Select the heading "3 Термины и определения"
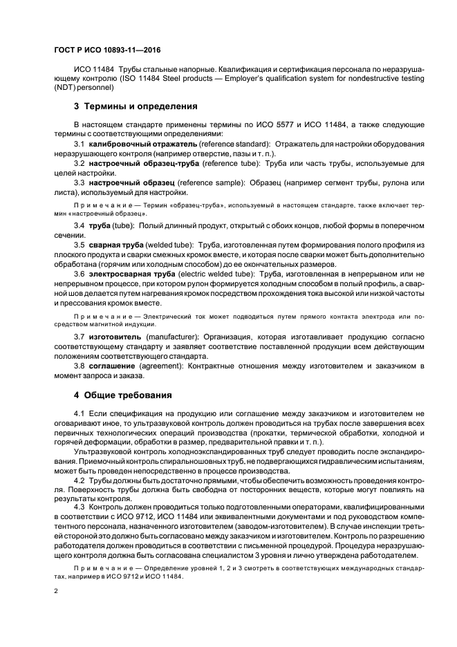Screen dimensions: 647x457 (x=136, y=106)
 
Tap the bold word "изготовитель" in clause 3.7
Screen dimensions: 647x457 (x=117, y=337)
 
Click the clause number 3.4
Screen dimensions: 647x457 (x=79, y=225)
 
